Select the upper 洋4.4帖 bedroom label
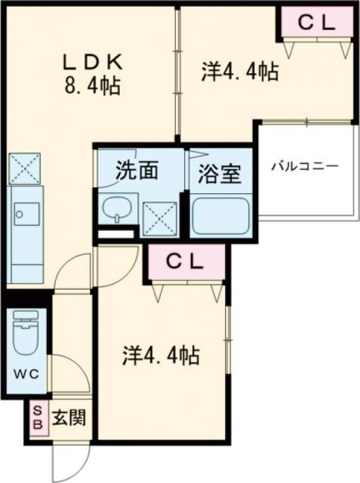(x=239, y=72)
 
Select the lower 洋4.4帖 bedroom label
(x=162, y=355)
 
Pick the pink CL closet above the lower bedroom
(x=186, y=263)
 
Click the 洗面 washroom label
(x=136, y=171)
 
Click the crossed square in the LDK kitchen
(x=24, y=169)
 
